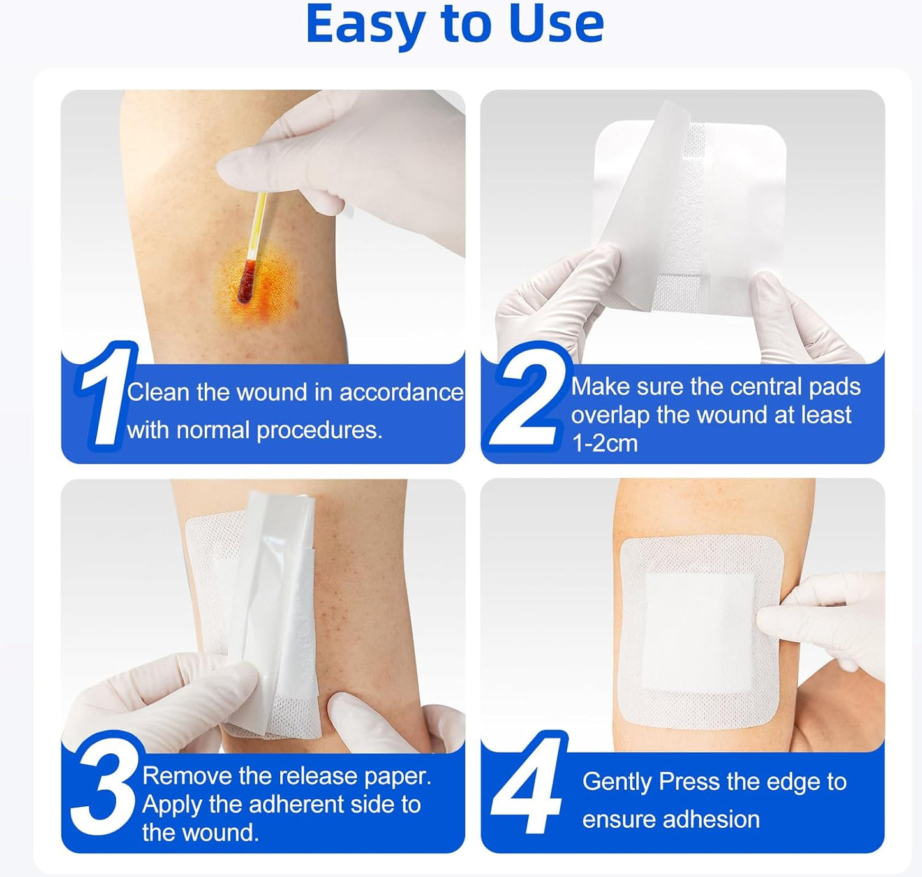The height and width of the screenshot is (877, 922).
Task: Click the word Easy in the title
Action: tap(366, 24)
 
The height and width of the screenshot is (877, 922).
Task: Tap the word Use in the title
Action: tap(556, 24)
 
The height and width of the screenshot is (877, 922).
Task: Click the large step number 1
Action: tap(103, 395)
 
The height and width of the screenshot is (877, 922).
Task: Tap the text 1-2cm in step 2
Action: tap(604, 443)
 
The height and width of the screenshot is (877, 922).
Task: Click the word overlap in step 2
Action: tap(609, 415)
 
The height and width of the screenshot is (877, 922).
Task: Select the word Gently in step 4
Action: tap(616, 782)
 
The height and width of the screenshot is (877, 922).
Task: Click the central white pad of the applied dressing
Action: tap(699, 631)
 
